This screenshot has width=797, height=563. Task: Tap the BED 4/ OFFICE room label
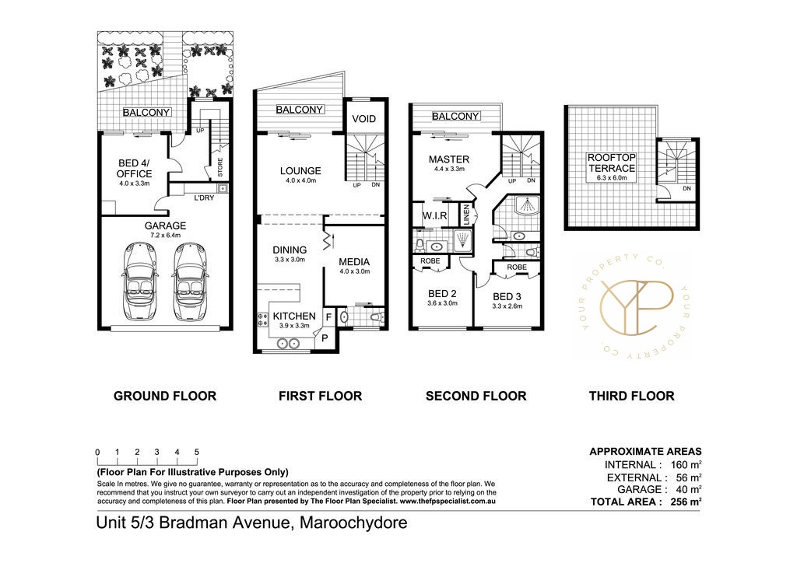tap(134, 168)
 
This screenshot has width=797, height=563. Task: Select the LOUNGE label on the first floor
tap(300, 171)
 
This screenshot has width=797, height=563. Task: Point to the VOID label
tap(364, 119)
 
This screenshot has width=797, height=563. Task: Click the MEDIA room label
tap(353, 261)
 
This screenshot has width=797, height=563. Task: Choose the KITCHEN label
tap(293, 316)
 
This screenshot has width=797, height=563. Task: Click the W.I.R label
tap(434, 215)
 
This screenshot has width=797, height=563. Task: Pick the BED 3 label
tap(507, 296)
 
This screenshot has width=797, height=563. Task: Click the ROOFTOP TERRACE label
tap(611, 163)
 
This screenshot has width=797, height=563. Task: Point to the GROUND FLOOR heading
tap(165, 396)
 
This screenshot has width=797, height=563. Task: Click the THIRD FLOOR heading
tap(631, 396)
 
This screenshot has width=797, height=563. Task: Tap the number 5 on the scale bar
tap(197, 452)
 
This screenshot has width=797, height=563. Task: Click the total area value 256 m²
tap(686, 502)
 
